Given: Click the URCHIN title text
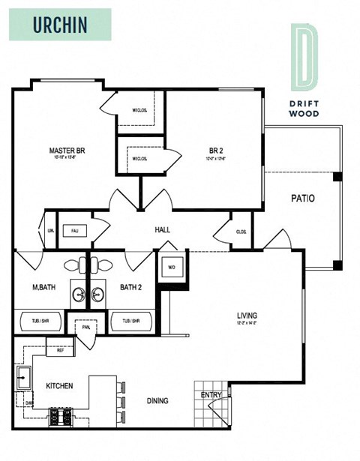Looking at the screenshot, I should click(x=61, y=24).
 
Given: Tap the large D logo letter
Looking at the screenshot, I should click(x=303, y=55).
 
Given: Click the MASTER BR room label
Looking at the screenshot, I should click(x=67, y=151).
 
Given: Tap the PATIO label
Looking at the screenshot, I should click(x=302, y=199).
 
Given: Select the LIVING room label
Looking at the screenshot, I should click(x=247, y=316).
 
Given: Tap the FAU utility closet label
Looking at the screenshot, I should click(x=75, y=230).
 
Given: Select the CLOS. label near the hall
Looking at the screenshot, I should click(x=241, y=232).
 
